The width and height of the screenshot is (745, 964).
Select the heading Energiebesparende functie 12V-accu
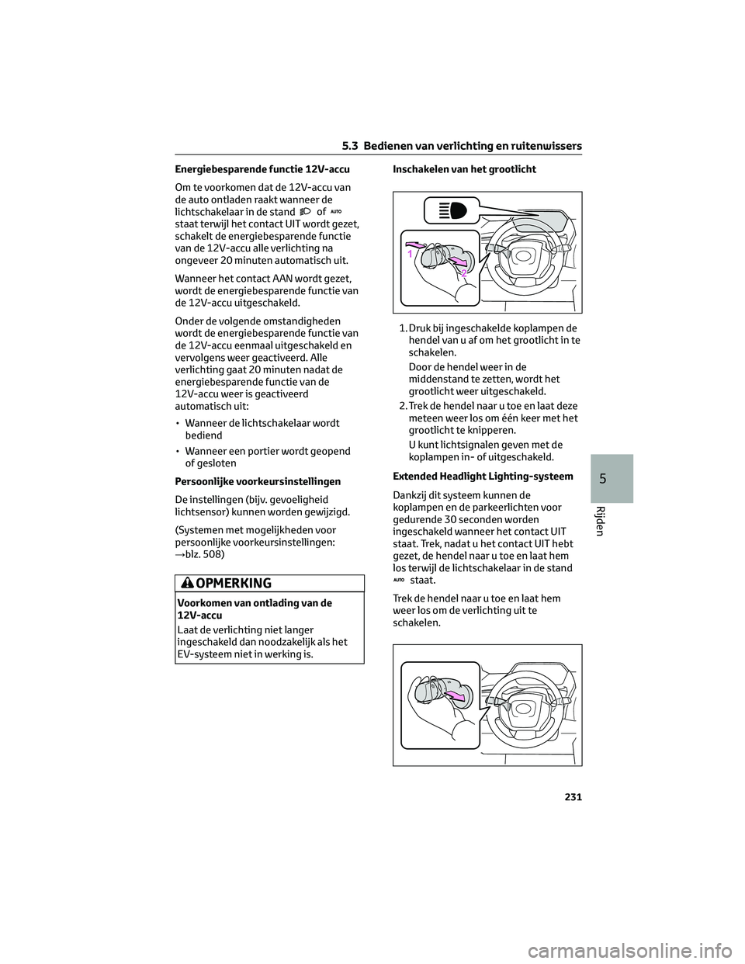(262, 169)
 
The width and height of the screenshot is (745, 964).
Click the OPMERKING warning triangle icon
(187, 584)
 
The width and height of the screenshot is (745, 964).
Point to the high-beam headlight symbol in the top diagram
(449, 211)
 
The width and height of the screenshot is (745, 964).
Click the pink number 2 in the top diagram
(463, 273)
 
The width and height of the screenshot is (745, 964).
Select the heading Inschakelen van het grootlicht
(464, 169)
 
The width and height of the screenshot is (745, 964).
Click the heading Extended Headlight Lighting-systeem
(483, 477)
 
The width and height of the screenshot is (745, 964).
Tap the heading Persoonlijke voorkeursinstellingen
(258, 482)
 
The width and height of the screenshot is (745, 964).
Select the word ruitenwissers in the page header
(546, 146)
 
